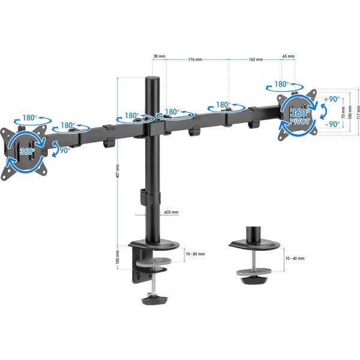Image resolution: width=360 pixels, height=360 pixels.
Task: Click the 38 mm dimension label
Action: point(159,56)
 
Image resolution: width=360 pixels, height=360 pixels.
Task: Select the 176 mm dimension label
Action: point(195,59)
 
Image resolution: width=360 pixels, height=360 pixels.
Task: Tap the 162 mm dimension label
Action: point(256,59)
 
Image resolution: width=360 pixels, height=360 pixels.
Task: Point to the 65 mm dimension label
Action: point(289,56)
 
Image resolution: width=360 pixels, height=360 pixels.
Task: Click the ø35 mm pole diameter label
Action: point(171,212)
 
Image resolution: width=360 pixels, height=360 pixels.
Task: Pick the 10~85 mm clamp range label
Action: point(195,254)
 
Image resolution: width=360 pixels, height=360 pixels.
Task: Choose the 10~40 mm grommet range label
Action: point(295,258)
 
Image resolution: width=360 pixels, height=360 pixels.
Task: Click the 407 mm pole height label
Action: point(118,171)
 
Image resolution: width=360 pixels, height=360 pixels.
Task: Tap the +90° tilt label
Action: point(332,99)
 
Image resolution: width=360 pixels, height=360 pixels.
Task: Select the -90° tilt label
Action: point(332,124)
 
